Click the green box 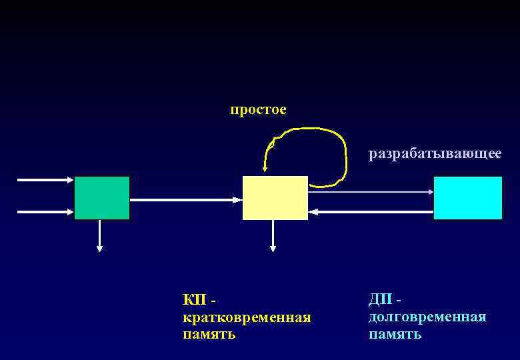102,198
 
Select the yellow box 275,198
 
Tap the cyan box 467,198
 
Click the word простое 258,109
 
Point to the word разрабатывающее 435,154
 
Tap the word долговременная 427,317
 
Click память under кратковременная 209,333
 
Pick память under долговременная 395,333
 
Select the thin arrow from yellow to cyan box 371,191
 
